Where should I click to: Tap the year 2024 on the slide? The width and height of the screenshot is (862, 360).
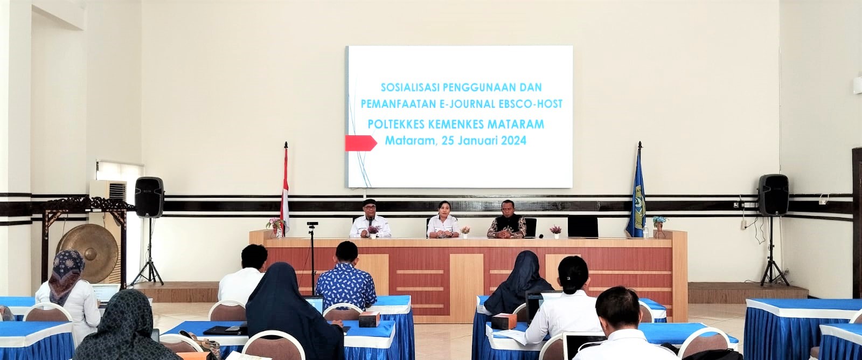(513, 141)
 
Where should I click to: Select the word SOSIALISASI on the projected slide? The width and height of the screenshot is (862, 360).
(410, 87)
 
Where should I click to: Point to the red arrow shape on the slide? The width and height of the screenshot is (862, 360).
(361, 143)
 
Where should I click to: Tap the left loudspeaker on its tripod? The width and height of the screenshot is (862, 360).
(149, 197)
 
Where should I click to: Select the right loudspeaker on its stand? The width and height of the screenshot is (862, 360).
(774, 195)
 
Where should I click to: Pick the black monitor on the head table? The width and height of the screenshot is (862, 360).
(582, 226)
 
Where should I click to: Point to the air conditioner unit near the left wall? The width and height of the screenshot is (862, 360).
(108, 190)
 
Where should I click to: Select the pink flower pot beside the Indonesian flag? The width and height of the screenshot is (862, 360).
(274, 227)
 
